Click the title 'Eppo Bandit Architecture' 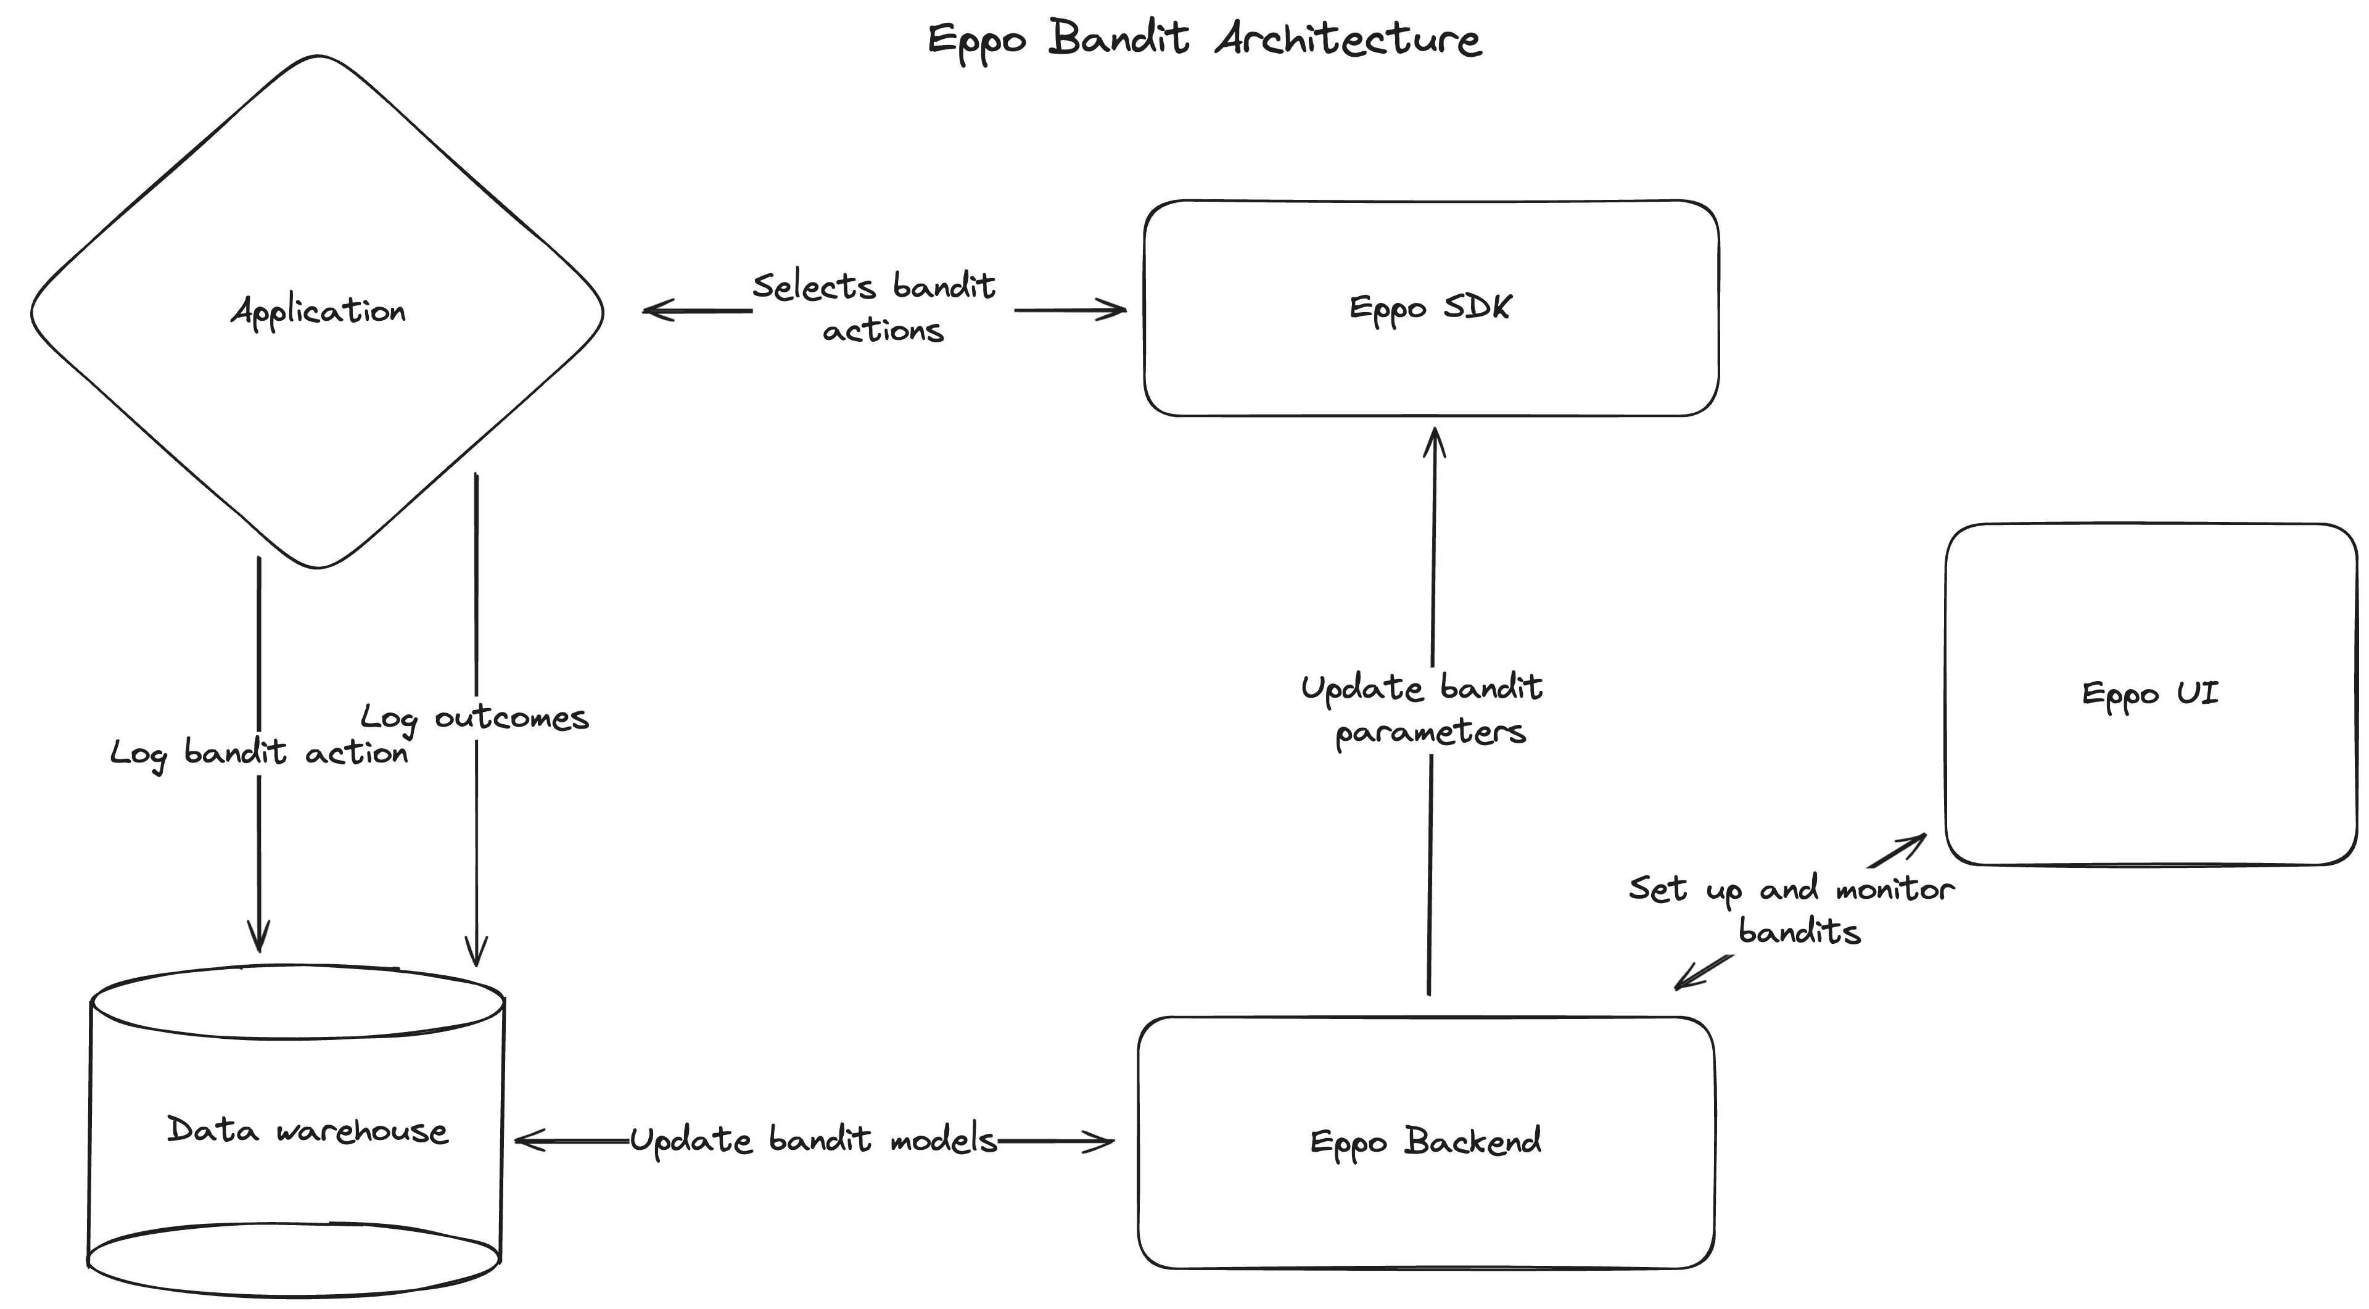pos(1204,39)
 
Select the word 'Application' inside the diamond pos(318,311)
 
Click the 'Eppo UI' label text pos(2150,693)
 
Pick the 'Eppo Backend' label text pos(1425,1142)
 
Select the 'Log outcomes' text pos(474,717)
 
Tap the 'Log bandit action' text pos(259,753)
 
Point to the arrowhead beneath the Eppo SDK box pos(1435,440)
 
